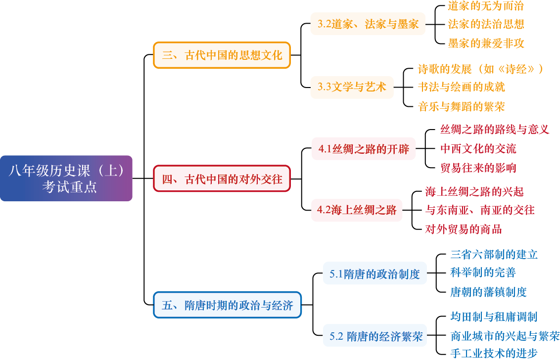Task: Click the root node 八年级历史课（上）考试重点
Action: click(66, 179)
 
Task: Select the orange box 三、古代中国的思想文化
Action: click(222, 55)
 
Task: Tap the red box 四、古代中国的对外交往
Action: click(222, 179)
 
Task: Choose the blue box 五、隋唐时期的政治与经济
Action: click(227, 305)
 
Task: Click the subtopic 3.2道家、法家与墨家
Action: click(368, 24)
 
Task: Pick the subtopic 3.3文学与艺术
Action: click(352, 88)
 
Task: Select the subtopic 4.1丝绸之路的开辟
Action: click(364, 149)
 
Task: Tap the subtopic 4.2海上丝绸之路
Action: click(357, 210)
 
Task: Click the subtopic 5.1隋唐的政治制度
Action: click(374, 273)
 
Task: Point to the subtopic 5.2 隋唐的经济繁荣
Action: click(376, 337)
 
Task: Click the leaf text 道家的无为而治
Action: click(485, 6)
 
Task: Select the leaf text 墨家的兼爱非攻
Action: click(486, 44)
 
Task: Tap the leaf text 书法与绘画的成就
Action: click(462, 88)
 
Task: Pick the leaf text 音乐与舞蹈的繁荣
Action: click(462, 106)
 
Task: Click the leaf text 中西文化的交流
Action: click(478, 149)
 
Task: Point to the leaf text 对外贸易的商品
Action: click(464, 229)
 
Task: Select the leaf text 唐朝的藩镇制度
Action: click(488, 292)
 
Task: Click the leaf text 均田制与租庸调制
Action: click(494, 317)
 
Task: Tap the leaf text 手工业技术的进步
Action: click(494, 354)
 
